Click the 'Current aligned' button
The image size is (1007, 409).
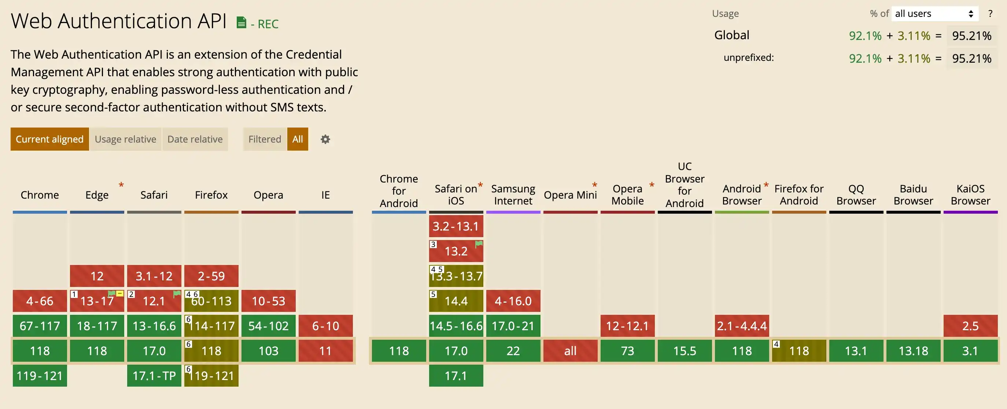(49, 139)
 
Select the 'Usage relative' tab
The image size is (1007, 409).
(125, 139)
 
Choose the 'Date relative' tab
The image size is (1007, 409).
(195, 139)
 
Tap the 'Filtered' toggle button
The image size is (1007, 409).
(265, 139)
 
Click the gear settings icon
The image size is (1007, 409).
(325, 139)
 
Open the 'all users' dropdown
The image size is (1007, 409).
(934, 14)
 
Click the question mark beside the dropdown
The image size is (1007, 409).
(990, 14)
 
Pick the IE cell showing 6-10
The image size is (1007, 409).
(325, 326)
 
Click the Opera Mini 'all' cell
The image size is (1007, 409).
(570, 351)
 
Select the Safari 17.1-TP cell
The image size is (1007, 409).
(154, 376)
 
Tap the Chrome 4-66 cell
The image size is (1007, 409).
(40, 301)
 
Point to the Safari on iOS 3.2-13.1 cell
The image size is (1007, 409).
(456, 226)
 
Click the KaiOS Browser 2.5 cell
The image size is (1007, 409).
(970, 326)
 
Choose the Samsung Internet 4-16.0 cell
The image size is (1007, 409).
(513, 301)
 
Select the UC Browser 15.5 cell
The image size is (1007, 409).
(685, 351)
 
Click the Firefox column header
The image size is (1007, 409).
(211, 195)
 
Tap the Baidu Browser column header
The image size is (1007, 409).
(913, 195)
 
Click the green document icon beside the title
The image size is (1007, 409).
(241, 23)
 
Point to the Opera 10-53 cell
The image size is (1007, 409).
(268, 301)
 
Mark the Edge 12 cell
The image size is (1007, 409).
(97, 276)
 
